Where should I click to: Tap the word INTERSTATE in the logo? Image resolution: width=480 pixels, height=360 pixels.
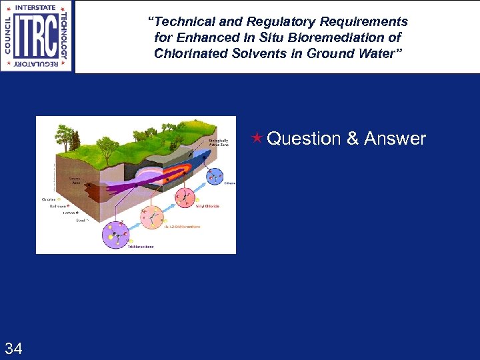point(36,7)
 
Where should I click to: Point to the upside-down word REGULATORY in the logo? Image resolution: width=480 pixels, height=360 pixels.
point(36,65)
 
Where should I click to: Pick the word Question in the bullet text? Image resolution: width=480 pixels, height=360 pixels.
point(303,139)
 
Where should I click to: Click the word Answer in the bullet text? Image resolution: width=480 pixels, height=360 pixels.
point(395,139)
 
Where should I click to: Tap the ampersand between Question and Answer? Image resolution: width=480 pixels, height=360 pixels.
point(353,139)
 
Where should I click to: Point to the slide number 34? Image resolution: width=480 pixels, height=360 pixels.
point(13,347)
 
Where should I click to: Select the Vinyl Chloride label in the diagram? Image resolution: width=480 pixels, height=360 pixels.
point(207,206)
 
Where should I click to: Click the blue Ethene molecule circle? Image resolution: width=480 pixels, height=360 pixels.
point(215,177)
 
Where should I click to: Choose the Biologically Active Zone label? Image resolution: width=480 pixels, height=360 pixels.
point(219,143)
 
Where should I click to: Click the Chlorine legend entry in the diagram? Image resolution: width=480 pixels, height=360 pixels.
point(49,198)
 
